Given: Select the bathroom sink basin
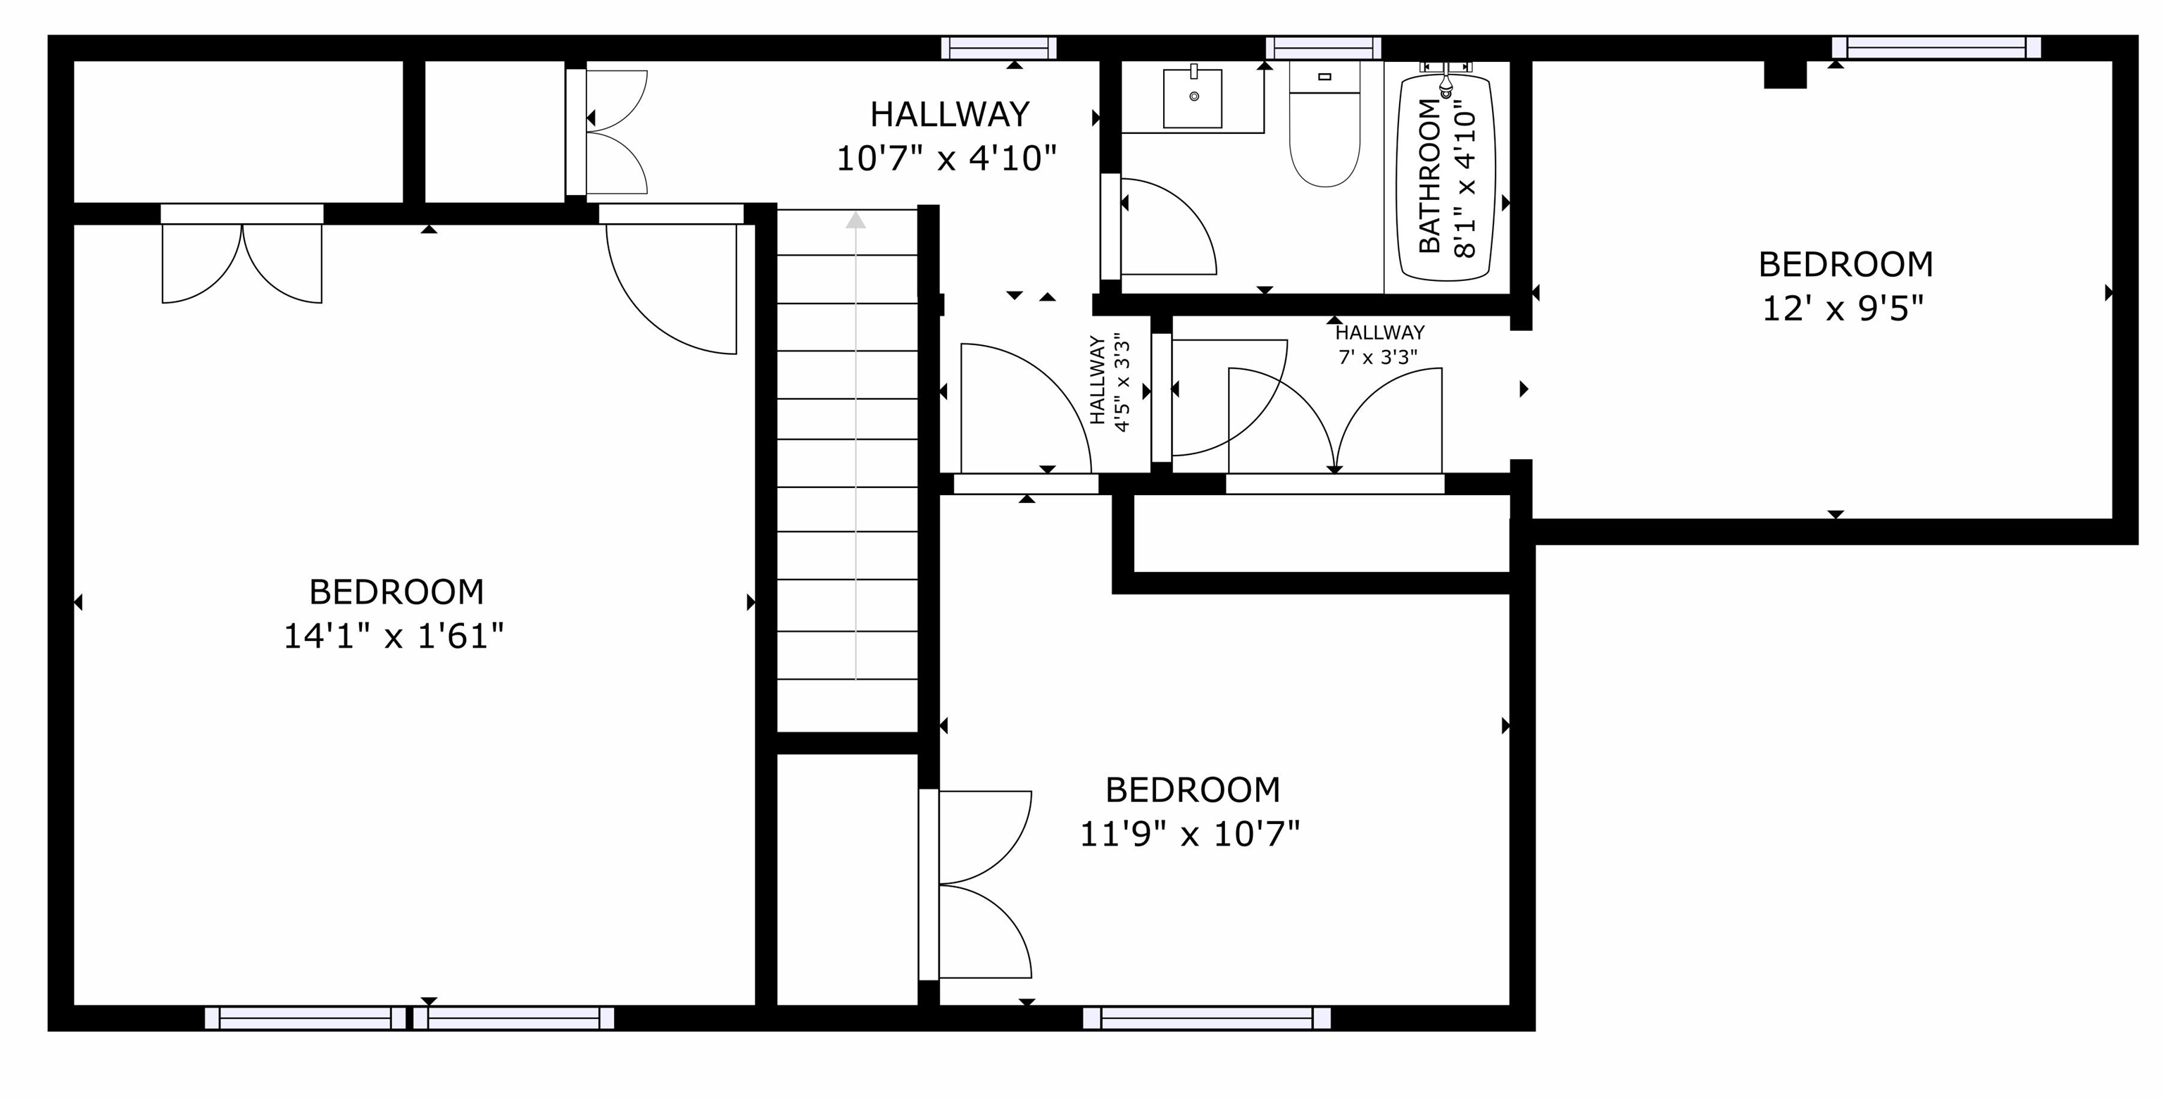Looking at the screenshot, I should point(1192,99).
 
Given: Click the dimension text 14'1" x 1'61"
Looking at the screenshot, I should point(394,637).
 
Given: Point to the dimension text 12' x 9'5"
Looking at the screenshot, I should point(1842,309).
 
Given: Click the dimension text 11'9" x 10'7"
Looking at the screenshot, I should point(1190,835).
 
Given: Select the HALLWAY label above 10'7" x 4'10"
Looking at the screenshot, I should point(950,114).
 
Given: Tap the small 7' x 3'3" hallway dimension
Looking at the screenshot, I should point(1378,358).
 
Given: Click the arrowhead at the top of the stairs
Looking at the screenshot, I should point(855,220).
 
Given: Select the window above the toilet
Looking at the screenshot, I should point(1323,48).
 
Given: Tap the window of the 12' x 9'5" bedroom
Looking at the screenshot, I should point(1936,48).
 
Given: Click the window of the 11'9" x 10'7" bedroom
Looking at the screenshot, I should point(1207,1018).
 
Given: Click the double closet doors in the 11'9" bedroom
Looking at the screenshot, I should point(982,885).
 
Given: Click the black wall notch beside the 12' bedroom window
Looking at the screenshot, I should point(1784,74).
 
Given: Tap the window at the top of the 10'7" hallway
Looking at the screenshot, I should point(998,48).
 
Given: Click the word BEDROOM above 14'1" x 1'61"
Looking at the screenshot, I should point(396,593).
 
